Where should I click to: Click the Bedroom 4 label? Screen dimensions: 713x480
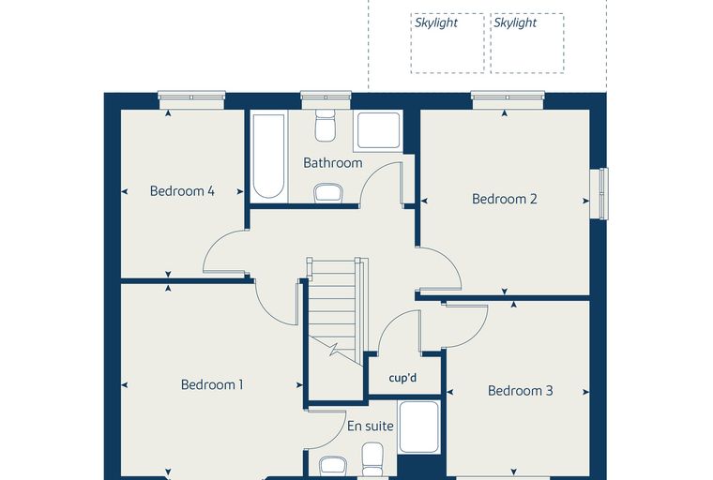coord(182,191)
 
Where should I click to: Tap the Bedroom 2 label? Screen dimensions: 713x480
coord(505,199)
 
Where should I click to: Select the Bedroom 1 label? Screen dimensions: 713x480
coord(212,384)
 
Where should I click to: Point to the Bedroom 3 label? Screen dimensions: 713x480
coord(520,390)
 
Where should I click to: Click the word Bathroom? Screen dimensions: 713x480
coord(333,163)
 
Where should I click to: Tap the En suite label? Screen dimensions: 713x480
coord(371,426)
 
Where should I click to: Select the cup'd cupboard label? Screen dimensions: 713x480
coord(402,378)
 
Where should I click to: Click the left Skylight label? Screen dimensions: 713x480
coord(435,22)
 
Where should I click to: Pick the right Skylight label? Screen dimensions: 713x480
coord(515,22)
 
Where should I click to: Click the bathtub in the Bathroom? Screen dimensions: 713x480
coord(268,157)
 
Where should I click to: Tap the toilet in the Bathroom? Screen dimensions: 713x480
coord(326,124)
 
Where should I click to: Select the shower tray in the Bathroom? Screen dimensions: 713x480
coord(379,131)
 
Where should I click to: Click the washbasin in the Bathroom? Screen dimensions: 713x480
coord(327,192)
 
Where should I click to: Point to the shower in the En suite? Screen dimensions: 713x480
coord(418,427)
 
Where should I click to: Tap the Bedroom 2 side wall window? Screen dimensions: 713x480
coord(603,193)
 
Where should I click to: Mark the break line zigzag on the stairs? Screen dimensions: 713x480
coord(334,349)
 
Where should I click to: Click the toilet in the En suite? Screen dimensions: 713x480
coord(372,459)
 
